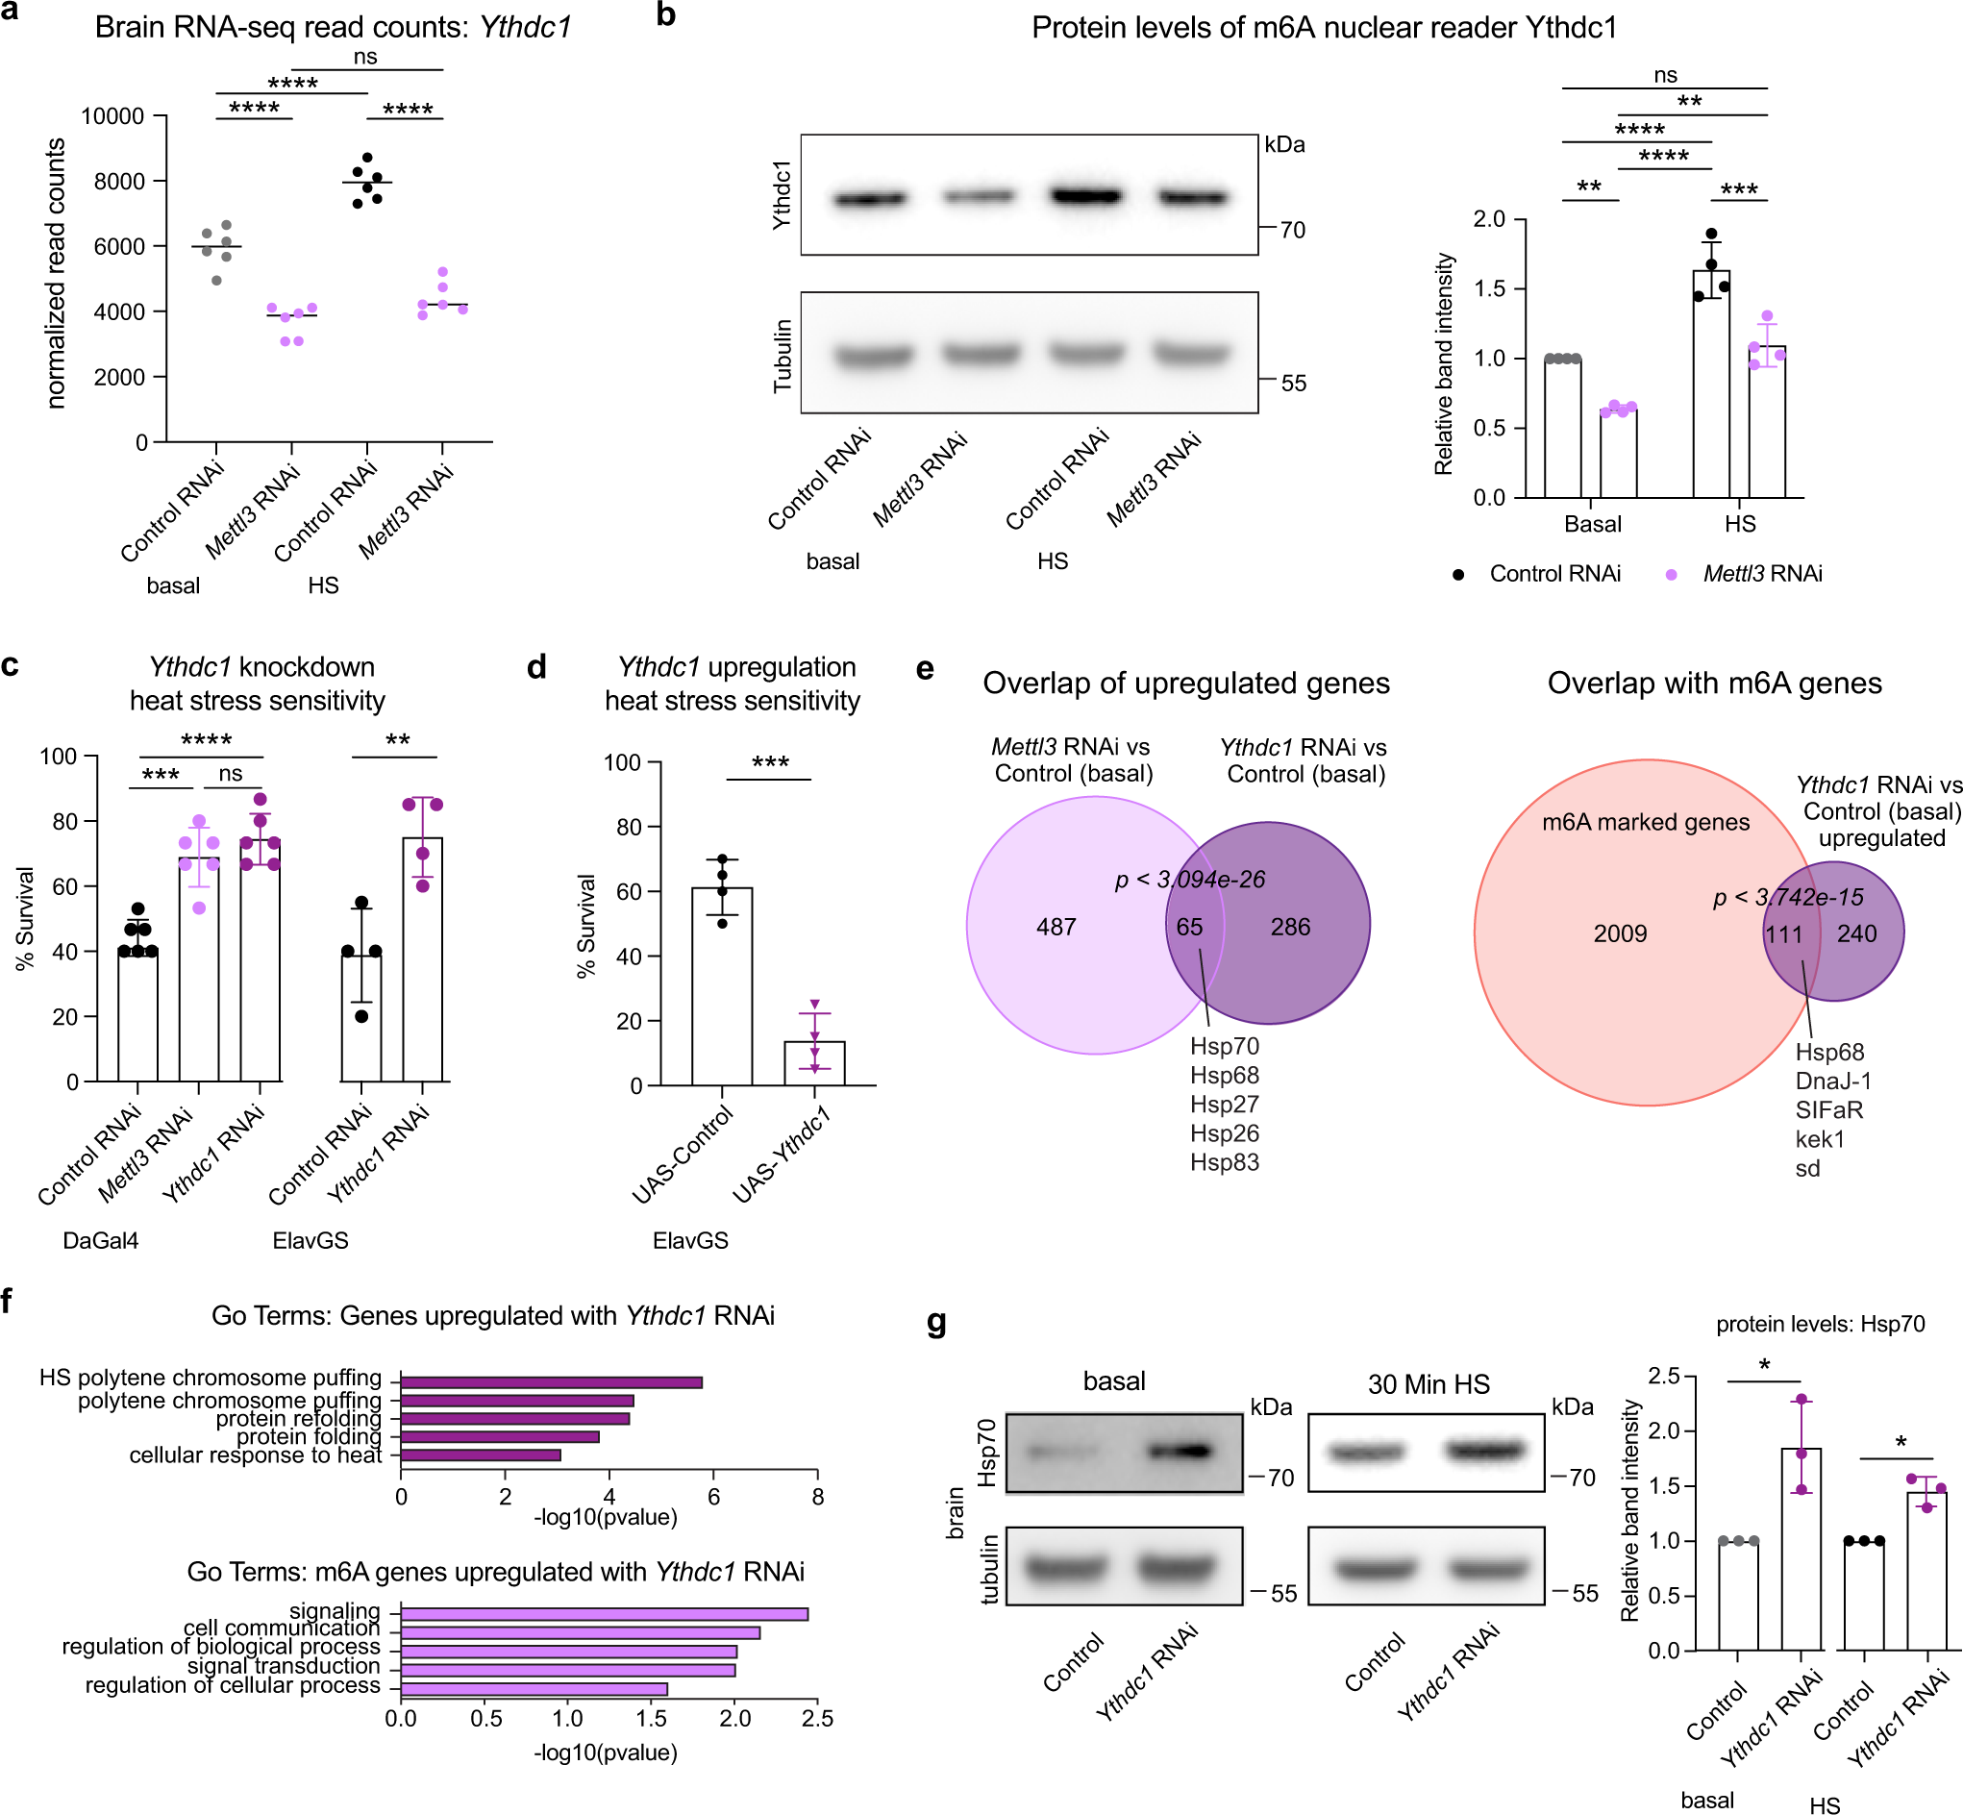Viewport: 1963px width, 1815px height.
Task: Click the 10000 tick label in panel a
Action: [x=112, y=117]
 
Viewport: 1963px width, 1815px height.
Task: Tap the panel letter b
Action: [x=666, y=15]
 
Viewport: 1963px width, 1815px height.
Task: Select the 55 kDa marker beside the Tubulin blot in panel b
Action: [x=1293, y=383]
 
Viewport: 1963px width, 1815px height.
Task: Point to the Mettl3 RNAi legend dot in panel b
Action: [x=1672, y=575]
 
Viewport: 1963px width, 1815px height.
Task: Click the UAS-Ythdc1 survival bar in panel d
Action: [x=814, y=1062]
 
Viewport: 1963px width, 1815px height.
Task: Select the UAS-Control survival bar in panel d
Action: [x=722, y=986]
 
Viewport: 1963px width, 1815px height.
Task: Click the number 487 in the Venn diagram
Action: [x=1056, y=926]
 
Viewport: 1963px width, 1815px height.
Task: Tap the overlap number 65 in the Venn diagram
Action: [x=1189, y=926]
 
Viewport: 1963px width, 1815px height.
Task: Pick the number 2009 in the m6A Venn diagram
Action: [x=1619, y=933]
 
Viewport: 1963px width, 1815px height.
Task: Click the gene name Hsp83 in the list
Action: [x=1224, y=1162]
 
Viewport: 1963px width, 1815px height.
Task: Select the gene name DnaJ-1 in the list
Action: [x=1832, y=1081]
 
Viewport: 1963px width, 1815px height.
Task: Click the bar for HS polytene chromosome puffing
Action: [x=551, y=1381]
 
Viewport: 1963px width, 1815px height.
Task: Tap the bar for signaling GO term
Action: [x=604, y=1614]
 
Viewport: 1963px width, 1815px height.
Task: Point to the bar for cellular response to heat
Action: [x=481, y=1454]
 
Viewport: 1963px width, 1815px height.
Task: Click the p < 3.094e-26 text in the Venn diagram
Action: [x=1190, y=879]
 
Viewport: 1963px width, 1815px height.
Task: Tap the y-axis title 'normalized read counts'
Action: [x=56, y=273]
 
